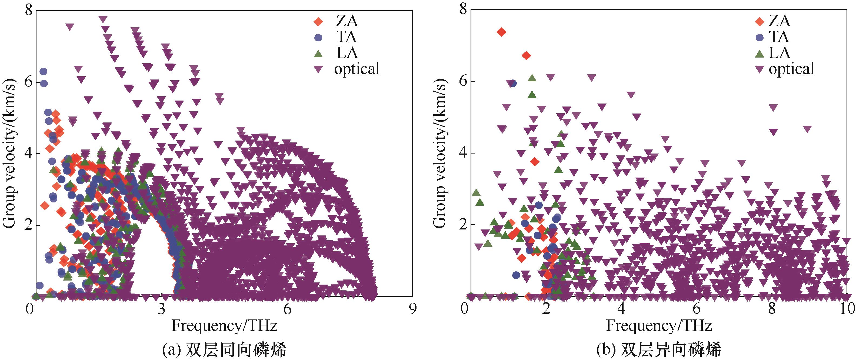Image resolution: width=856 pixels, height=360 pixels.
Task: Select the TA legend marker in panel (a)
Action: [318, 37]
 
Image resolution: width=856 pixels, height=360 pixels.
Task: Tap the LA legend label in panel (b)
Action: [779, 53]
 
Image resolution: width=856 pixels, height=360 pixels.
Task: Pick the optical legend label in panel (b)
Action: [791, 69]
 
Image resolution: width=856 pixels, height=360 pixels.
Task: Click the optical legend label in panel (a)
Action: [357, 69]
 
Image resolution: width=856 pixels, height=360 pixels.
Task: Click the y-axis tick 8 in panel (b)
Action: [462, 10]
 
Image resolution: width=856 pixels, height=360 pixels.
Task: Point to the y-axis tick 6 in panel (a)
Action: [28, 82]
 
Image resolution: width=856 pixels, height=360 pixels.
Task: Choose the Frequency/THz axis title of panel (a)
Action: [224, 326]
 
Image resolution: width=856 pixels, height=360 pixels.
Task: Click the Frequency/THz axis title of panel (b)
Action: [659, 326]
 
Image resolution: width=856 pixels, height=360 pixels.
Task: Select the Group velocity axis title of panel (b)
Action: [440, 154]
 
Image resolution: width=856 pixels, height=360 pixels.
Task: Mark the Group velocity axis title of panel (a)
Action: [9, 154]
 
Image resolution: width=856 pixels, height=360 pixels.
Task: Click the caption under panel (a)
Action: [224, 350]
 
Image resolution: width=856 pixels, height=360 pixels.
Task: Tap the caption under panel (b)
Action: [659, 350]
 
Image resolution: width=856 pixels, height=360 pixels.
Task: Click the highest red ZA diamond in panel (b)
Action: [501, 32]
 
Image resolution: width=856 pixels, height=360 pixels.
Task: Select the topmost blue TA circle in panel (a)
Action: [43, 71]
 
